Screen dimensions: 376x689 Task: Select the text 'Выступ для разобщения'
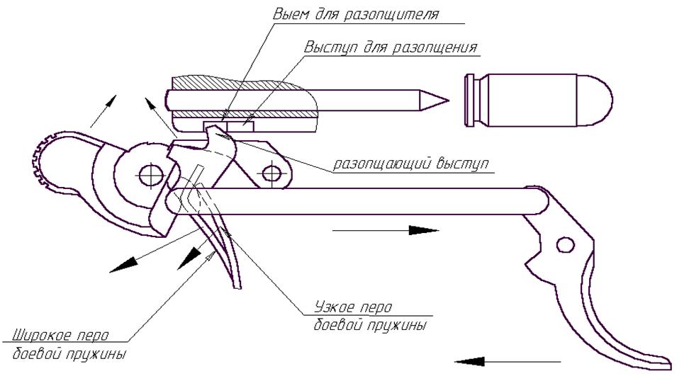click(x=391, y=48)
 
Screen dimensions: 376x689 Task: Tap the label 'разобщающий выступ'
click(x=412, y=164)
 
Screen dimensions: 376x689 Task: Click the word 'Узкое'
click(x=332, y=308)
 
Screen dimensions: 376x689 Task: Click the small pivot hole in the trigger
click(x=564, y=245)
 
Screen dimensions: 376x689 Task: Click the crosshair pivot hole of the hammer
click(x=150, y=173)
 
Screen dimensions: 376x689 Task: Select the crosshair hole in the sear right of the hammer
click(x=270, y=172)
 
